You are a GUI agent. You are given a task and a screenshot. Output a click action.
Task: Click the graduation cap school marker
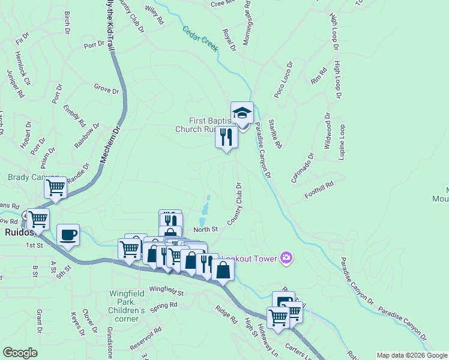(x=242, y=113)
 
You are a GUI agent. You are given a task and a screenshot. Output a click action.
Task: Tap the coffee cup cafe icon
(x=68, y=235)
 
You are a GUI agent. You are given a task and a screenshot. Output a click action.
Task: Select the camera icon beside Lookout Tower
(x=286, y=258)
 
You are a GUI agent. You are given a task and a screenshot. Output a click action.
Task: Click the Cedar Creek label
(x=200, y=38)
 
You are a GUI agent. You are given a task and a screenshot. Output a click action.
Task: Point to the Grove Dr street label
(x=106, y=89)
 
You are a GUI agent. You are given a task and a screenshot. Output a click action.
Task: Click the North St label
(x=205, y=229)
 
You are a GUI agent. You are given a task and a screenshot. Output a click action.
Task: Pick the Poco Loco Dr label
(x=283, y=79)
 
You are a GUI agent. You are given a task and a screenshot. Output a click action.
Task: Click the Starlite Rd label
(x=276, y=133)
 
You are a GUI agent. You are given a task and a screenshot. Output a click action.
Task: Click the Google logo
(x=20, y=352)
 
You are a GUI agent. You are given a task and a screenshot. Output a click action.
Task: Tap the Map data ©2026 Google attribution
(x=411, y=355)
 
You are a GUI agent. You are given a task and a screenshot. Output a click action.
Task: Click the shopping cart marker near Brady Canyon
(x=55, y=187)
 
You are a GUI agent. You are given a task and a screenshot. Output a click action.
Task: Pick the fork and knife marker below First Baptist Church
(x=226, y=137)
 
